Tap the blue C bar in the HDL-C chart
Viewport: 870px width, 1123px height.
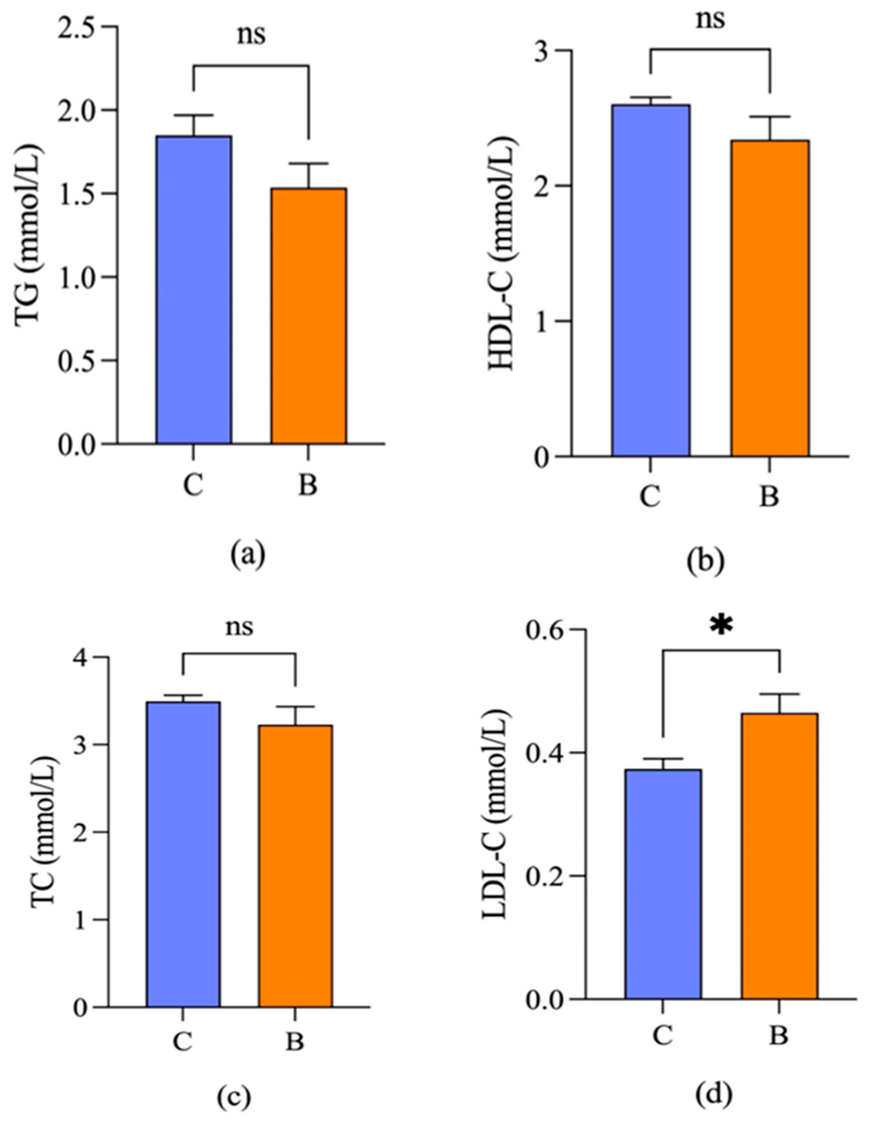coord(650,280)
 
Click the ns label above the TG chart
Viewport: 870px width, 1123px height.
coord(251,36)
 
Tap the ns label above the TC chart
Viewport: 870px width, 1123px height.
coord(239,627)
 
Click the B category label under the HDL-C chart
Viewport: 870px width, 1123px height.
coord(769,497)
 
